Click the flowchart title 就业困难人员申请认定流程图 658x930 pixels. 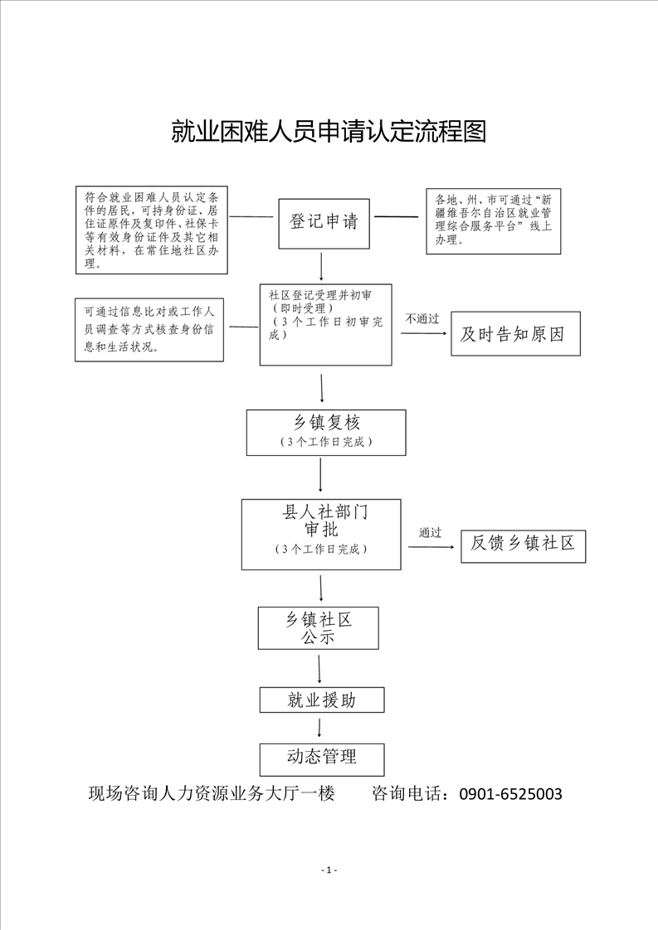pyautogui.click(x=329, y=131)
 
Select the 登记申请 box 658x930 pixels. pyautogui.click(x=324, y=223)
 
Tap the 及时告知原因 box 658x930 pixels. pyautogui.click(x=515, y=334)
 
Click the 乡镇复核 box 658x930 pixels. pyautogui.click(x=326, y=433)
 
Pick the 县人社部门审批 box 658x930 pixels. pyautogui.click(x=321, y=535)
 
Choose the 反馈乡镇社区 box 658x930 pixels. pyautogui.click(x=524, y=546)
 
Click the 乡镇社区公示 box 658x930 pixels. pyautogui.click(x=319, y=627)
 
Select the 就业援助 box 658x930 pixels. pyautogui.click(x=322, y=700)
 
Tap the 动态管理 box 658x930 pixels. pyautogui.click(x=322, y=759)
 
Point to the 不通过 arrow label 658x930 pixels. pyautogui.click(x=422, y=319)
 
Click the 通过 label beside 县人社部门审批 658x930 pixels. pyautogui.click(x=430, y=533)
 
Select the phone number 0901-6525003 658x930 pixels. pyautogui.click(x=511, y=793)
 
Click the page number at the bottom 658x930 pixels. pyautogui.click(x=329, y=870)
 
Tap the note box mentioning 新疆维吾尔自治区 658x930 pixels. pyautogui.click(x=494, y=221)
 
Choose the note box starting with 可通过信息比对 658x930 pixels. pyautogui.click(x=149, y=330)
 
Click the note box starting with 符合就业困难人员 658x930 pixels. pyautogui.click(x=152, y=230)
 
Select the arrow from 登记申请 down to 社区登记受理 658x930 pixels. pyautogui.click(x=321, y=266)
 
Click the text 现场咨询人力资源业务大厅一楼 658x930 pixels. pyautogui.click(x=212, y=793)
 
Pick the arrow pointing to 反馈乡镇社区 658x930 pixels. pyautogui.click(x=431, y=546)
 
